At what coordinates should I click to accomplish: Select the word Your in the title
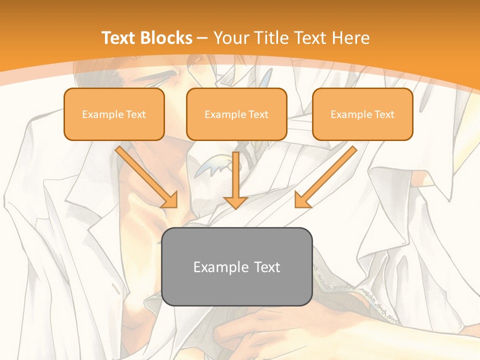(232, 38)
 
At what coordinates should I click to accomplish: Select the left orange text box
(114, 114)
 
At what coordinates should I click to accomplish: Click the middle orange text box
(236, 114)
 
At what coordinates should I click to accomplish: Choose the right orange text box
(362, 114)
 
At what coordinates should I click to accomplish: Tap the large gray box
(237, 266)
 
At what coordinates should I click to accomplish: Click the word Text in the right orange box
(384, 114)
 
